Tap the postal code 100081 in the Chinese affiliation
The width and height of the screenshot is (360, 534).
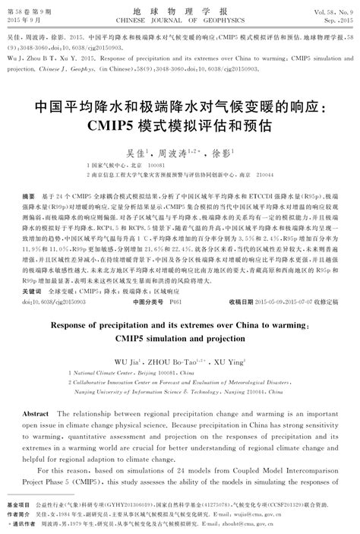pyautogui.click(x=156, y=166)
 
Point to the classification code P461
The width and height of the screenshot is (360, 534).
pyautogui.click(x=175, y=301)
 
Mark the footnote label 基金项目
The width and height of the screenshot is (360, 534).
pyautogui.click(x=17, y=504)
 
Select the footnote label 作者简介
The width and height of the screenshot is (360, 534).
pyautogui.click(x=17, y=513)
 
